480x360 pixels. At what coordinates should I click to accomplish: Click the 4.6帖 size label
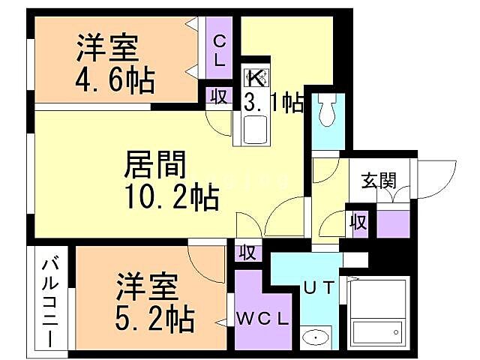(x=115, y=80)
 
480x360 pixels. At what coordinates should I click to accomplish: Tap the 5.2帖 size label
(x=154, y=318)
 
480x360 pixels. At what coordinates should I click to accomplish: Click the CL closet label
(x=220, y=51)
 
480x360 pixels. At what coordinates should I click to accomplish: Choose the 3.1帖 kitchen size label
(x=273, y=103)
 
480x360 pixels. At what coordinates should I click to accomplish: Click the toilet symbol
(x=327, y=112)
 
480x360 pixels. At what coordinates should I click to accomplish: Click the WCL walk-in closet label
(x=262, y=318)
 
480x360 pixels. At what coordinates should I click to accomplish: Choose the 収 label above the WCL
(x=247, y=253)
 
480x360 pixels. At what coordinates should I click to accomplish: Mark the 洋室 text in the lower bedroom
(x=147, y=288)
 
